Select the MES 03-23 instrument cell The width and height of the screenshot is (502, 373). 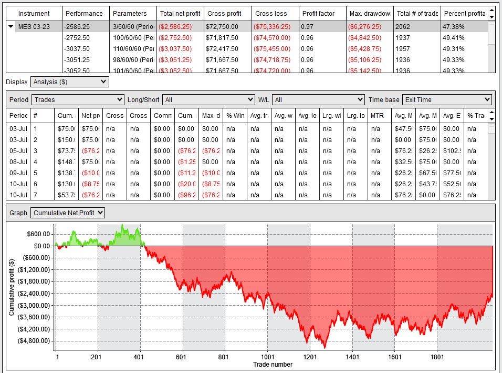(x=34, y=27)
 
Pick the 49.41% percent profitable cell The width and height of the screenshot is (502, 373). (x=453, y=38)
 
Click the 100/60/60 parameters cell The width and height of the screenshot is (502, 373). (x=133, y=38)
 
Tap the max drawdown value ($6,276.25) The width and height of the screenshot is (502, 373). (x=369, y=27)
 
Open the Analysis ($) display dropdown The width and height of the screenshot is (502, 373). (x=69, y=82)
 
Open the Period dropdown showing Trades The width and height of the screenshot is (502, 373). (x=78, y=99)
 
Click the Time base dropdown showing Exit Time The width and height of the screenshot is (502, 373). (x=446, y=99)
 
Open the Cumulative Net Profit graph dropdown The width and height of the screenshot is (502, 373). (x=68, y=213)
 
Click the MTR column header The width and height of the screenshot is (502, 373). (x=378, y=116)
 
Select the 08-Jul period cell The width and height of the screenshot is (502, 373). (x=18, y=162)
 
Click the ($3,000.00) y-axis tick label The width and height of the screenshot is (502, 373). (x=34, y=305)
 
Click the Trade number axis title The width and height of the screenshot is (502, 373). (x=273, y=364)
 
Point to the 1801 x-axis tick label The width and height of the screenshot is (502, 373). (x=437, y=357)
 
